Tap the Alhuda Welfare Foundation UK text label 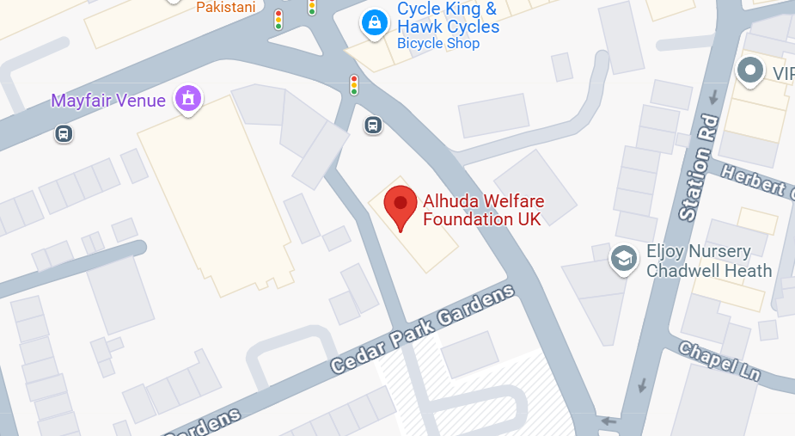pos(483,211)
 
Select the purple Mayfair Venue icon pos(188,99)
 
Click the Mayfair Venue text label pos(108,101)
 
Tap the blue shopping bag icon pos(375,22)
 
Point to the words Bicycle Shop pos(438,44)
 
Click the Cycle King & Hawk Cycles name pos(448,18)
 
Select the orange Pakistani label pos(226,7)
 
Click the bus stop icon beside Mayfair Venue pos(63,133)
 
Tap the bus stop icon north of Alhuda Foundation pos(373,125)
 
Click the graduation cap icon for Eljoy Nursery pos(623,258)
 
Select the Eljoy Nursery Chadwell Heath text pos(709,261)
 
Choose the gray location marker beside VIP pos(751,71)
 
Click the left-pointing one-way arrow pos(609,421)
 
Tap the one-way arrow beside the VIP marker pos(713,97)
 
